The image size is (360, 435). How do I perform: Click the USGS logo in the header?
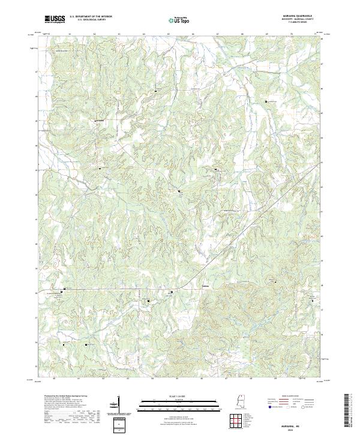55,19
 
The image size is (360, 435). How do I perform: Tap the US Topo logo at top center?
179,20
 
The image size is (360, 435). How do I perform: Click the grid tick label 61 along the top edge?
70,34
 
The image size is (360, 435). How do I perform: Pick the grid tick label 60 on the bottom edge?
54,379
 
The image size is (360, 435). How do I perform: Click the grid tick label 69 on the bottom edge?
275,379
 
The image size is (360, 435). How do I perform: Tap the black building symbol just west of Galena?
172,292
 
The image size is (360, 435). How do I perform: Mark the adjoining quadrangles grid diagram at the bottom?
239,421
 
